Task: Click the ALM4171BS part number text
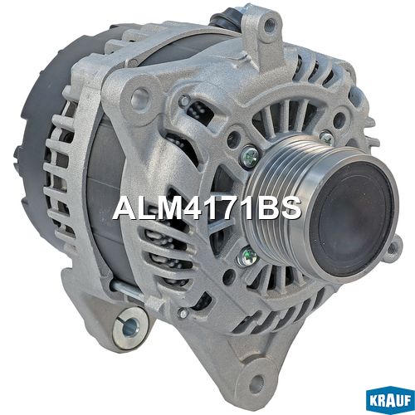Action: point(207,208)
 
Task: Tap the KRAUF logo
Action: point(390,401)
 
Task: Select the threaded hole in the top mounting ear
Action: point(267,27)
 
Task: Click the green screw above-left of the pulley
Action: point(250,157)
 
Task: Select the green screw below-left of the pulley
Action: point(247,257)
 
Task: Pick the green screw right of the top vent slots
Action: point(327,139)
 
